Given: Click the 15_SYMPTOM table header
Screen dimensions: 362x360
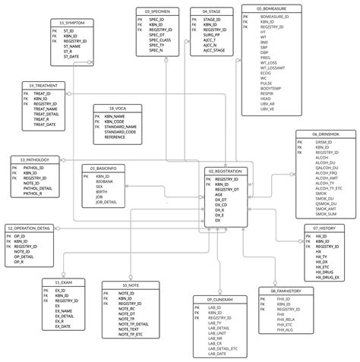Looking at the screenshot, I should (x=73, y=24).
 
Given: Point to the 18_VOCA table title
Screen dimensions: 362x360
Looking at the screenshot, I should (x=115, y=108).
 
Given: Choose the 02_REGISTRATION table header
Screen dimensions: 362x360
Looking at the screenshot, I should (x=224, y=172).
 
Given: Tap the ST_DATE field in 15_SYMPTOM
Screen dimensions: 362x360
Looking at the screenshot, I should (x=71, y=56).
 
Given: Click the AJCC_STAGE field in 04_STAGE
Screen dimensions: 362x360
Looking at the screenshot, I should (x=215, y=49).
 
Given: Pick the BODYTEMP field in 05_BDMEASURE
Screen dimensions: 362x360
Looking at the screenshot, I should (x=272, y=88).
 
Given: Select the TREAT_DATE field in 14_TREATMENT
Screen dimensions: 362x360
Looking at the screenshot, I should (x=46, y=124).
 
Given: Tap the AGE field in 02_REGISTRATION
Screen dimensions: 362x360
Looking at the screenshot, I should (x=219, y=194).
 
